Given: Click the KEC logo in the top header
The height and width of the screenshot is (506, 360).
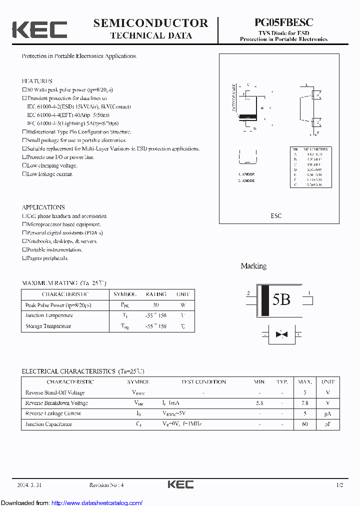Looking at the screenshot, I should (39, 29).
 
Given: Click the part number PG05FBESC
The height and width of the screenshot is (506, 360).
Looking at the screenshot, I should (283, 22).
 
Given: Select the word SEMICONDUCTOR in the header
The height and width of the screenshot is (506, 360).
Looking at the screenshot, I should (150, 23).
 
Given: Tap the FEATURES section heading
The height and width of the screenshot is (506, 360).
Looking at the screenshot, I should (37, 81).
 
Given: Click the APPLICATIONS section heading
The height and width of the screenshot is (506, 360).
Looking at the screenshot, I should (43, 207).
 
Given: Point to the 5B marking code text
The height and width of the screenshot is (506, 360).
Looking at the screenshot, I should (281, 299).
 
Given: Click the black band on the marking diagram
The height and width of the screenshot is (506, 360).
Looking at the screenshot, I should (266, 300).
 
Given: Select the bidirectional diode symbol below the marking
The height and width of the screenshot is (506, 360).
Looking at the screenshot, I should (281, 333).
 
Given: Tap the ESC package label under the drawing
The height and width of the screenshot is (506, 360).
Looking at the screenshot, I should (276, 216).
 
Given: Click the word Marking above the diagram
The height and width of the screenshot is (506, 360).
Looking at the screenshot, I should (253, 266).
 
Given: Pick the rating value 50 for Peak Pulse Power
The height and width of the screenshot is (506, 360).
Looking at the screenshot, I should (155, 305).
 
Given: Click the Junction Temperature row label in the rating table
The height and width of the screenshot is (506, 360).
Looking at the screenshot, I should (48, 315).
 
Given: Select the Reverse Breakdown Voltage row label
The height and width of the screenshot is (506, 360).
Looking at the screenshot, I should (56, 403).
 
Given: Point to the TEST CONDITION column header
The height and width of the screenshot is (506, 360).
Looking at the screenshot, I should (203, 382).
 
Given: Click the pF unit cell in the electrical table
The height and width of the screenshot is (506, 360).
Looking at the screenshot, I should (328, 424).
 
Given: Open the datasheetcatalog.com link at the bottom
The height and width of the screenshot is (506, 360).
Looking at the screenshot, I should (97, 502).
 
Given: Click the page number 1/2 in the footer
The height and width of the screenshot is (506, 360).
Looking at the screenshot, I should (339, 485).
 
